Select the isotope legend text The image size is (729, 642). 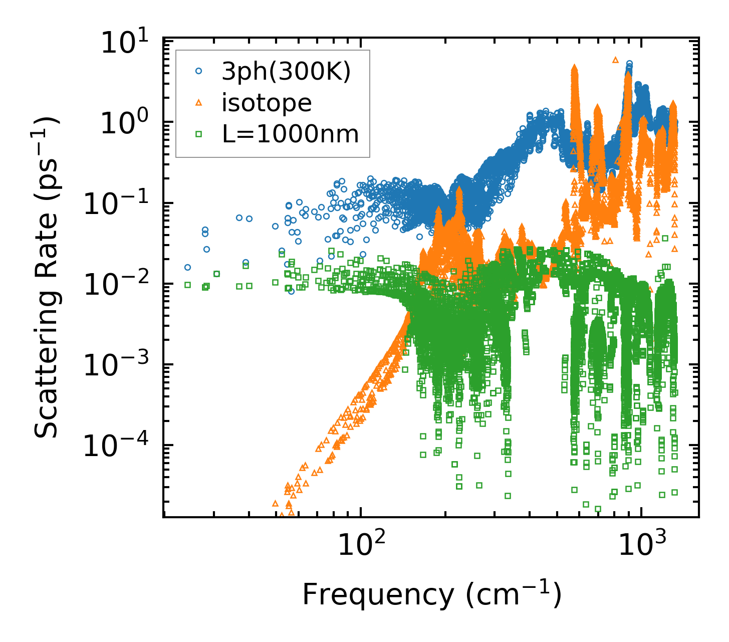coord(267,103)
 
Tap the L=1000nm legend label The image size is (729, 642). coord(290,134)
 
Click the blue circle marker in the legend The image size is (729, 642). coord(199,72)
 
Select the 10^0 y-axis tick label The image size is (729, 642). coord(123,124)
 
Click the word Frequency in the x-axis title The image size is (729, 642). coord(378,595)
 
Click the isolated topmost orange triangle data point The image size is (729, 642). coord(616,60)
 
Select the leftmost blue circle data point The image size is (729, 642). coord(187,268)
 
